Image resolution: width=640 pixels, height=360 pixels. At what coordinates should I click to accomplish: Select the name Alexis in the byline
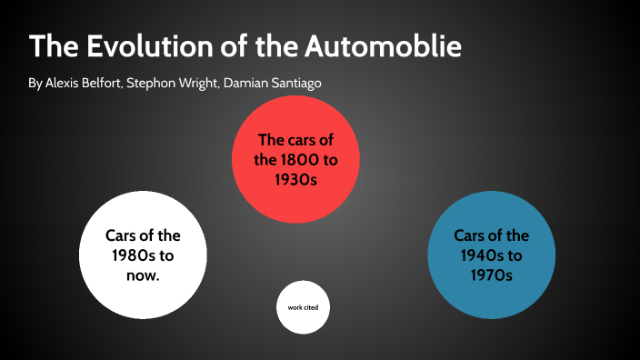(x=64, y=83)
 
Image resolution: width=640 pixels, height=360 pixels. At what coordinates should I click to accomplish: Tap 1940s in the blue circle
(x=481, y=255)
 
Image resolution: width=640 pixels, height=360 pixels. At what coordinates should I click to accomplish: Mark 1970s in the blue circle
(x=491, y=274)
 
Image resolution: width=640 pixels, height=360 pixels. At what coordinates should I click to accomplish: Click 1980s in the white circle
(x=133, y=255)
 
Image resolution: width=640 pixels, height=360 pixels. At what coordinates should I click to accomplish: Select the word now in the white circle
(x=143, y=275)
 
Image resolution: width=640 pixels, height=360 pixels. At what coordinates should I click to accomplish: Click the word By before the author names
(x=35, y=83)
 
